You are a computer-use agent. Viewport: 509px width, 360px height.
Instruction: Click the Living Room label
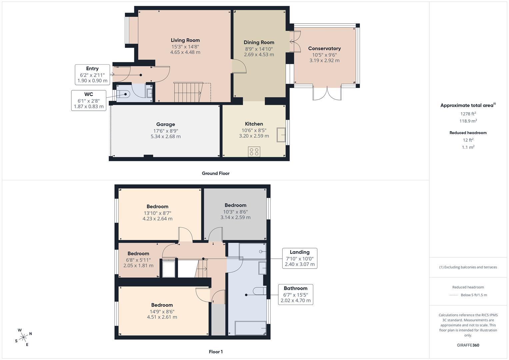click(x=185, y=40)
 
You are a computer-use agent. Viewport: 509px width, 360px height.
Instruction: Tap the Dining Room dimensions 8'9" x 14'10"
click(x=259, y=49)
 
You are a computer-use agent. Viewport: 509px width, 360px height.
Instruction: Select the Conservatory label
click(x=324, y=48)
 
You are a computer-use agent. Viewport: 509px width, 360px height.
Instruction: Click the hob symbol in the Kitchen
click(x=254, y=152)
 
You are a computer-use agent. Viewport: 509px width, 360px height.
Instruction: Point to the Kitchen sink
click(x=281, y=135)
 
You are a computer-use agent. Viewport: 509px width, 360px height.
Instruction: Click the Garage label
click(x=165, y=124)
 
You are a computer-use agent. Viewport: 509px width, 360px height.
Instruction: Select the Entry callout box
click(x=92, y=75)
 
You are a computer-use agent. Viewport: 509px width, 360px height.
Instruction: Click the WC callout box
click(x=89, y=100)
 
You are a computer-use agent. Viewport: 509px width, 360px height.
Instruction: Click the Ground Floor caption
click(x=216, y=173)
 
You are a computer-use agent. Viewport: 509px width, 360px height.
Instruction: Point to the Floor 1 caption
click(x=216, y=352)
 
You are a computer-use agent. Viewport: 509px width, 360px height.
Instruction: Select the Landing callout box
click(x=300, y=258)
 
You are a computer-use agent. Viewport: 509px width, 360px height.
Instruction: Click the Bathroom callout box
click(x=296, y=295)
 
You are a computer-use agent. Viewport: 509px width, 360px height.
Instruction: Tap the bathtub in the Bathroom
click(x=250, y=328)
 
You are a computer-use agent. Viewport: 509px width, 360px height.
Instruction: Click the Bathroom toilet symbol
click(x=259, y=291)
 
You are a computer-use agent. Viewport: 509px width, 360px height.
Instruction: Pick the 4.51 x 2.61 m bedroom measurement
click(x=162, y=317)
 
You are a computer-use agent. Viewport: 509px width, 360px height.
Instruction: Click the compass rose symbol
click(x=23, y=337)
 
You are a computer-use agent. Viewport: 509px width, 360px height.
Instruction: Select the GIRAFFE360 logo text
click(x=468, y=345)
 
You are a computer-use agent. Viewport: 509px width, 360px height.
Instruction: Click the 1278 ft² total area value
click(x=468, y=114)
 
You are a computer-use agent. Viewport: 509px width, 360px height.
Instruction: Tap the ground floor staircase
click(x=188, y=92)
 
